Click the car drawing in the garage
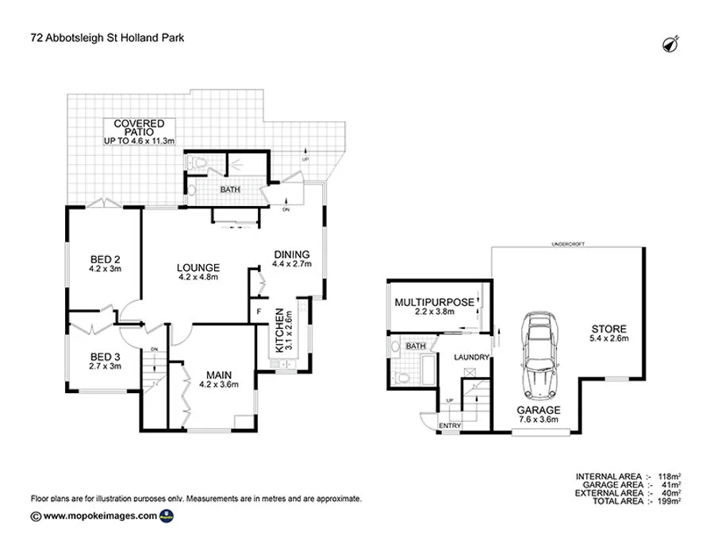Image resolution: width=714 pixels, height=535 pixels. click(x=537, y=356)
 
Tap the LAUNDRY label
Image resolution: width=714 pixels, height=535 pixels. click(x=470, y=358)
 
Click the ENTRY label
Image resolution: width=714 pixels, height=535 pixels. click(x=449, y=426)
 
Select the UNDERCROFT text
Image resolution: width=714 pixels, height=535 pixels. click(x=568, y=244)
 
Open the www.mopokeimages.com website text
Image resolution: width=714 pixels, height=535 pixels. click(x=100, y=515)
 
